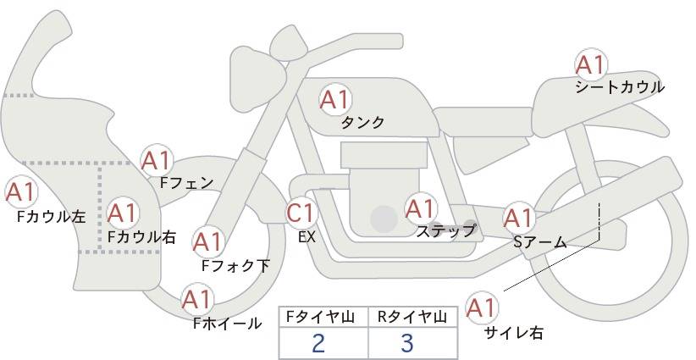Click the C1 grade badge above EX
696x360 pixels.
[x=301, y=213]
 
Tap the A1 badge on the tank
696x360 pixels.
[x=335, y=100]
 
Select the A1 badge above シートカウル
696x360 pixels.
[x=591, y=65]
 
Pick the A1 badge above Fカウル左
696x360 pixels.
[x=20, y=192]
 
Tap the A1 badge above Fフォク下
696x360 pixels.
[x=207, y=242]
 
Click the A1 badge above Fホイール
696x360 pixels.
[x=197, y=300]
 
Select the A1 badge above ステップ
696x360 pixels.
[x=420, y=209]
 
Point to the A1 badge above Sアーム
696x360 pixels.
[x=518, y=218]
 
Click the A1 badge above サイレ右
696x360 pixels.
[x=481, y=307]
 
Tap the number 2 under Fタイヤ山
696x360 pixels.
[x=318, y=343]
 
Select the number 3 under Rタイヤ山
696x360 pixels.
[x=407, y=343]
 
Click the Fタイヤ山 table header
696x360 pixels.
[x=320, y=317]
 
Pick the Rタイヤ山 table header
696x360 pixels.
[x=412, y=317]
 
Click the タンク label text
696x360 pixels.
[x=362, y=122]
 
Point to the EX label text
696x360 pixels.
[x=307, y=237]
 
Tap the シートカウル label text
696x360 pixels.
[x=620, y=87]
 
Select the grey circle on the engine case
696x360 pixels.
[x=384, y=219]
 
